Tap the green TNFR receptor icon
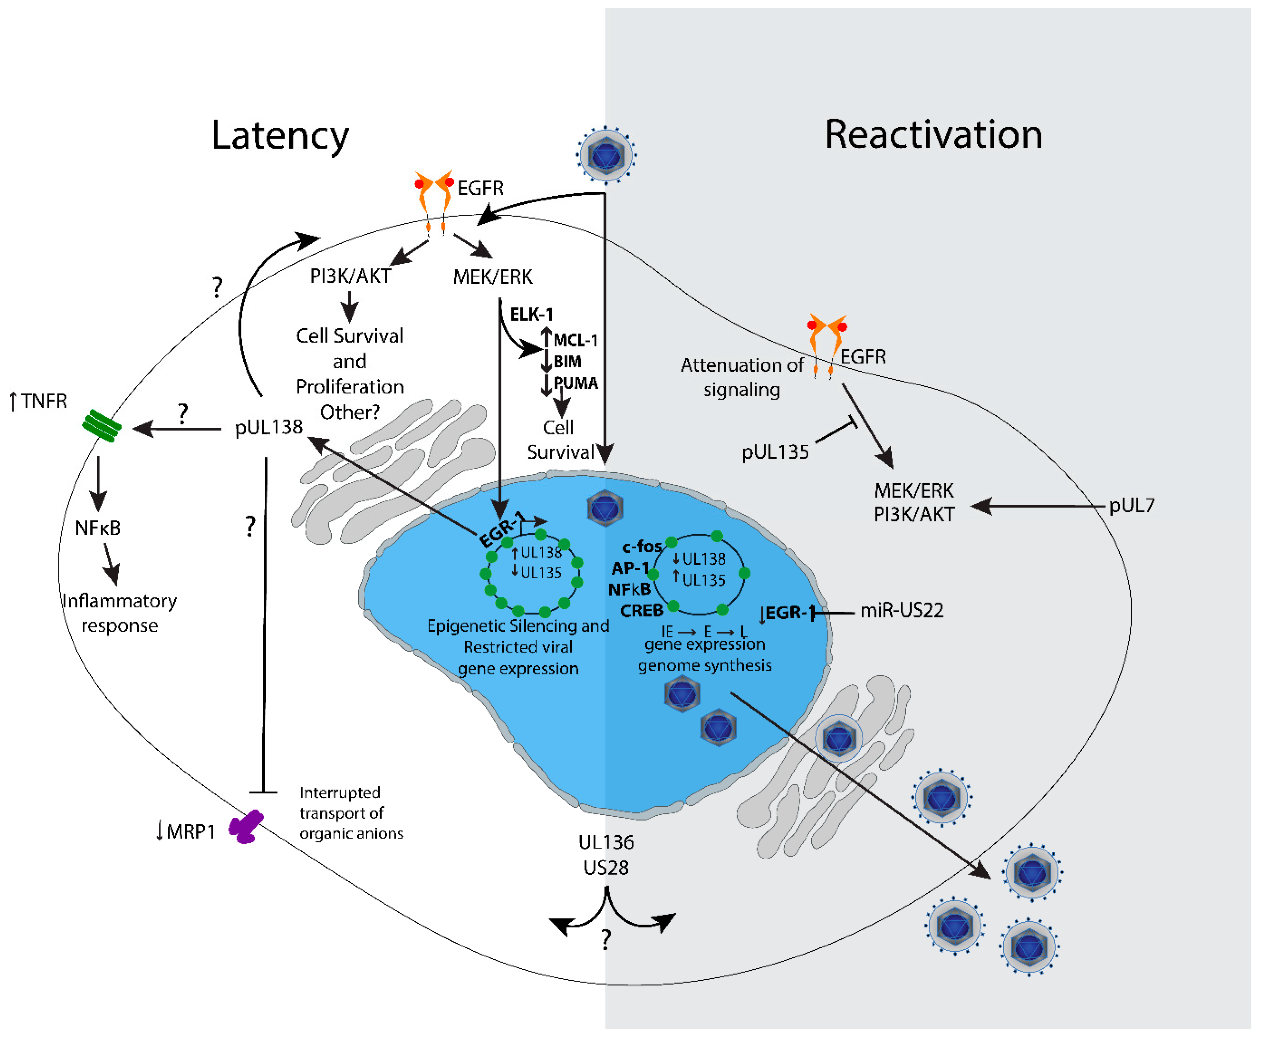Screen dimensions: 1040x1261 101,426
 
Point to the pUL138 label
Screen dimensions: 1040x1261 268,427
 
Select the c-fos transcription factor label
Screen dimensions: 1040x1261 642,546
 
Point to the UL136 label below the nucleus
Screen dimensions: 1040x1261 606,842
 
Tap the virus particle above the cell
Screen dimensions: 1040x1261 606,154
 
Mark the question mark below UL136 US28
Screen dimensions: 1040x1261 606,940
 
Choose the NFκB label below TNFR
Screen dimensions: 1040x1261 98,528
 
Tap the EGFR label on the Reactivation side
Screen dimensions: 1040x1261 862,357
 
